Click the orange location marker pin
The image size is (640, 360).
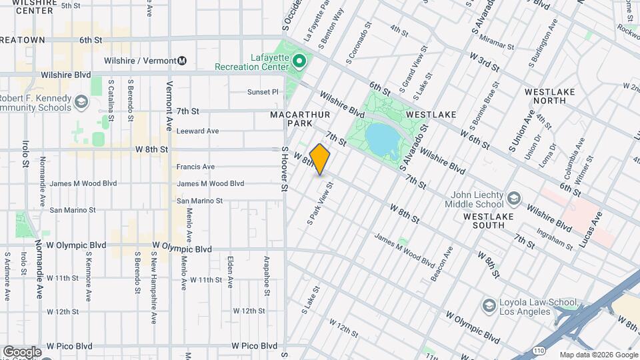point(320,159)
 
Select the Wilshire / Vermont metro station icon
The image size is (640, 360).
point(181,61)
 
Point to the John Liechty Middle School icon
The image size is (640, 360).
point(514,199)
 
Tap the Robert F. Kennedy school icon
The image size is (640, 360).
point(81,102)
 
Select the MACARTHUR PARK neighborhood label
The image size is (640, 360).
point(291,119)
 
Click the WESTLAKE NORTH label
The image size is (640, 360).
point(554,96)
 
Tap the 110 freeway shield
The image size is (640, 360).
point(539,350)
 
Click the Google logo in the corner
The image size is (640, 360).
point(22,351)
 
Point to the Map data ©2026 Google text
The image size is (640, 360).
point(599,355)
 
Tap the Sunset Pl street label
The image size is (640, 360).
point(262,92)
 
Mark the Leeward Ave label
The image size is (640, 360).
point(197,131)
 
